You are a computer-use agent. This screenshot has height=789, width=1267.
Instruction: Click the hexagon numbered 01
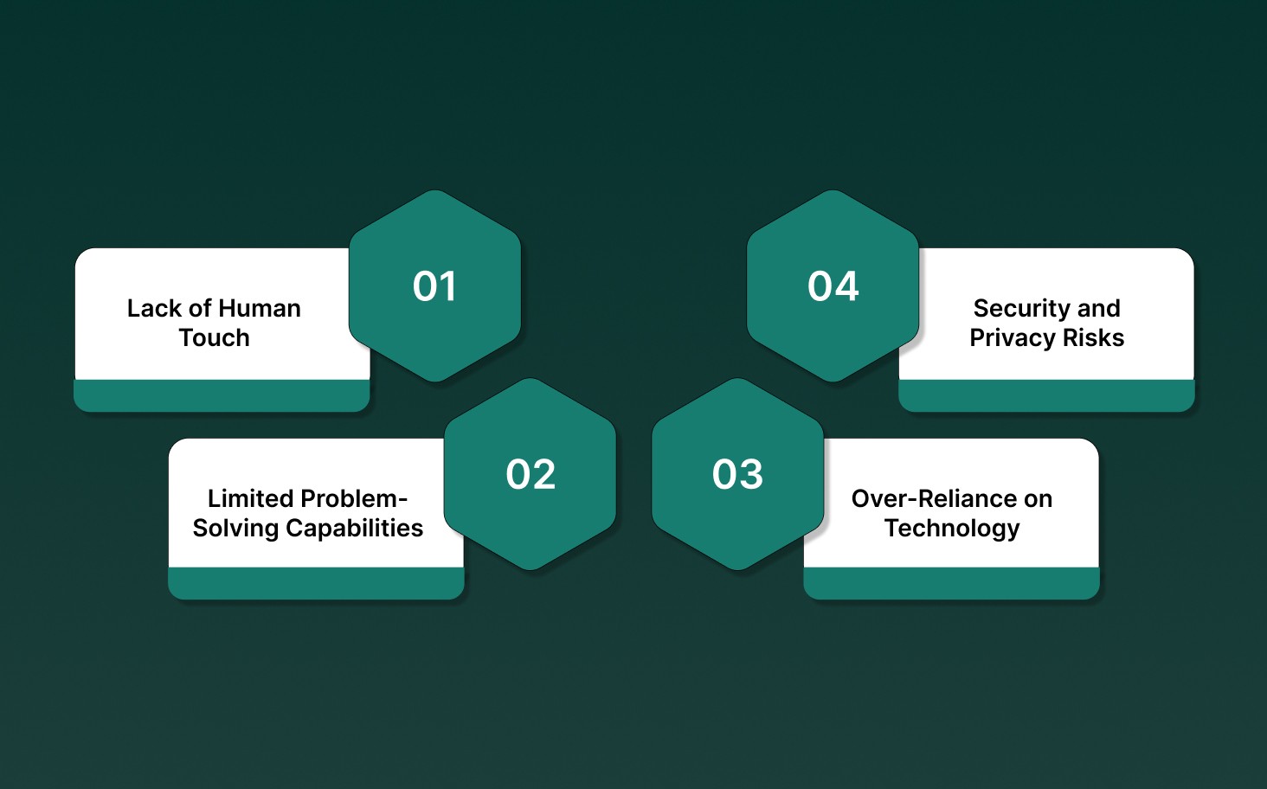(x=434, y=286)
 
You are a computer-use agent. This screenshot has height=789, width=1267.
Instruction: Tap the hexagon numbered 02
(x=530, y=474)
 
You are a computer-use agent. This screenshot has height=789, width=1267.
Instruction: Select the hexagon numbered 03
(x=737, y=474)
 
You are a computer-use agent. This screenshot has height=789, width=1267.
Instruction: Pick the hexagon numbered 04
(x=833, y=286)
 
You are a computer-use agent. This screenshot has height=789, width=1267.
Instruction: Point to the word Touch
(x=214, y=337)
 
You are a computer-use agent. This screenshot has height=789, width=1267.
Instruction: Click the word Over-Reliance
(x=934, y=498)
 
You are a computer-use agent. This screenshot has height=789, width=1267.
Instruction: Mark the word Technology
(x=952, y=528)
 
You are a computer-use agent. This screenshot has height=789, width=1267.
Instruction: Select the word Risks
(x=1093, y=337)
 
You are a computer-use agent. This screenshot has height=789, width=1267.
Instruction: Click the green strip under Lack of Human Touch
(x=222, y=395)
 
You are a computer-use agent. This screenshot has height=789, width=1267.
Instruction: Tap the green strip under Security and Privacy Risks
(x=1046, y=395)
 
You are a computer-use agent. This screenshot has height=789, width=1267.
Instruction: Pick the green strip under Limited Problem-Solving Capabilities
(x=316, y=583)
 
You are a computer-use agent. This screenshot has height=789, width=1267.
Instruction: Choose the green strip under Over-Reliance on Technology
(x=951, y=583)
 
